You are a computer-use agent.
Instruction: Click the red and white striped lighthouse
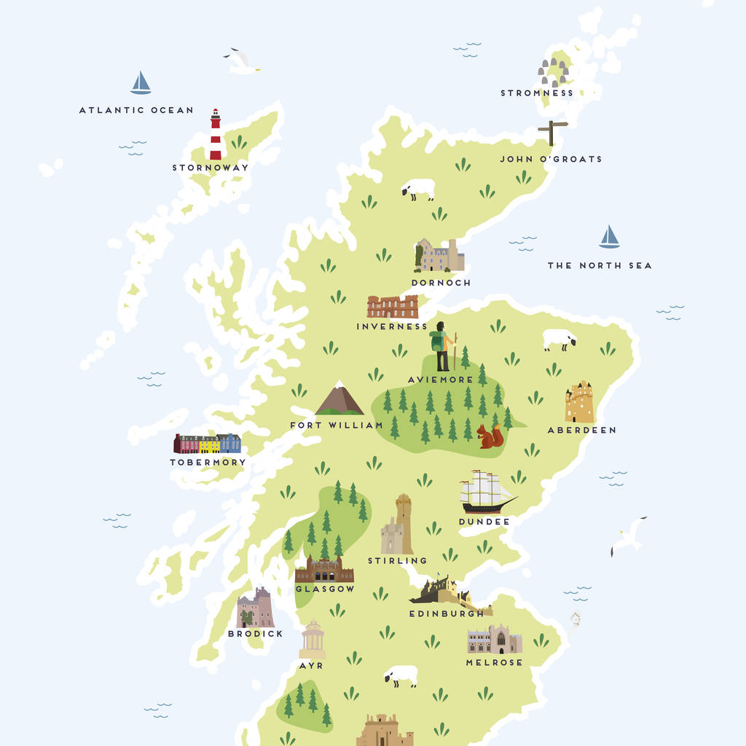215,136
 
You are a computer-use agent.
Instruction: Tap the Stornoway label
210,168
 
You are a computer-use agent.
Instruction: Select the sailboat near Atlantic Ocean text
141,83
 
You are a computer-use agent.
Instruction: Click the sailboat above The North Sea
609,237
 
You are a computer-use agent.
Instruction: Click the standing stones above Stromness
553,71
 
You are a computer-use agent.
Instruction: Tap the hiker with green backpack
441,348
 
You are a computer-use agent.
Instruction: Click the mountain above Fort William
339,398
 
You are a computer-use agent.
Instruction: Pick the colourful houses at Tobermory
207,443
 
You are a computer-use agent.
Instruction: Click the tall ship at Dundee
487,492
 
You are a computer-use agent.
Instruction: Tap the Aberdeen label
581,430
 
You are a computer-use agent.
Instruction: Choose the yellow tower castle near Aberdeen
579,402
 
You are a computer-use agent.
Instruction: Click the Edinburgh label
446,613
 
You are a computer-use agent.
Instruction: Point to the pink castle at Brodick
255,608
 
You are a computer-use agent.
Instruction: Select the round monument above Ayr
313,640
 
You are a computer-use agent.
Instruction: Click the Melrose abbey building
494,640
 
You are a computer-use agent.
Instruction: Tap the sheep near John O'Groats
419,189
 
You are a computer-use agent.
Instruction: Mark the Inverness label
392,326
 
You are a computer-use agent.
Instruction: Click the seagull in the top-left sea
241,62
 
